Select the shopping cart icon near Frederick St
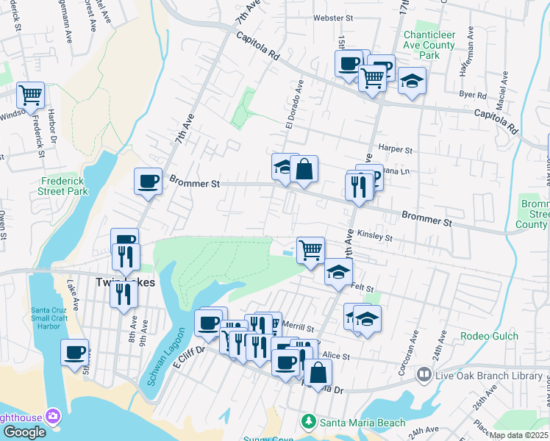click(x=31, y=94)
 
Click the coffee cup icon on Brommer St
click(x=148, y=180)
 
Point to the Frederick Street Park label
click(x=64, y=185)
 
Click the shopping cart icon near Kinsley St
click(x=311, y=249)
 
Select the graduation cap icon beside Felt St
click(x=338, y=273)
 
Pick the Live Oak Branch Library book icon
click(x=424, y=375)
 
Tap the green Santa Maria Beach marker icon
click(x=309, y=422)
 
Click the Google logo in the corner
click(x=24, y=432)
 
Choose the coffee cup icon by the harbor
click(x=74, y=352)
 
